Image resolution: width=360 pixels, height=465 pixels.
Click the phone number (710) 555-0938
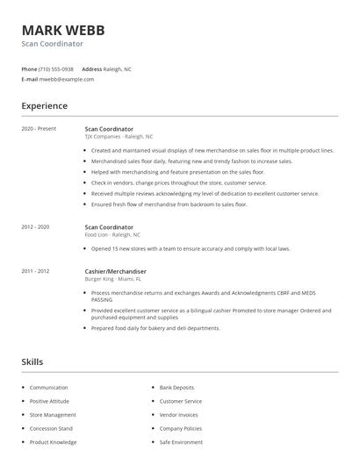(57, 68)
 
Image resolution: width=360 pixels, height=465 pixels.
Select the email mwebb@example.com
(67, 79)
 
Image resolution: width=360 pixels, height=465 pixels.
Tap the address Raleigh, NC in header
(118, 68)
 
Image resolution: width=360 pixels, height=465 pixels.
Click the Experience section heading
(44, 106)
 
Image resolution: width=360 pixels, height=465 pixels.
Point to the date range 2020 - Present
(39, 129)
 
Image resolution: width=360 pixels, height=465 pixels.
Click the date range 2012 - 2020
(35, 227)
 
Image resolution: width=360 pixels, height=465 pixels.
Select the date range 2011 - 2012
(35, 272)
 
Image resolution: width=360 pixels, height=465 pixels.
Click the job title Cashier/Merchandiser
(115, 272)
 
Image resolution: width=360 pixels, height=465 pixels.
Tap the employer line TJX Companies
(119, 137)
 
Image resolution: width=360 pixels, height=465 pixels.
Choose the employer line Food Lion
(112, 235)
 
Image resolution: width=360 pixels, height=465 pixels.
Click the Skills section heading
(32, 361)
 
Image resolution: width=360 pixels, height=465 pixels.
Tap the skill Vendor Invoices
(179, 414)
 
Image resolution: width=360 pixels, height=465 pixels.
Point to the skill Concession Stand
(51, 428)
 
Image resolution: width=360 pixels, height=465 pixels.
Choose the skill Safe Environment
(181, 442)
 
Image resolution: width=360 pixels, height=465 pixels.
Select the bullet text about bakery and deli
(155, 328)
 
